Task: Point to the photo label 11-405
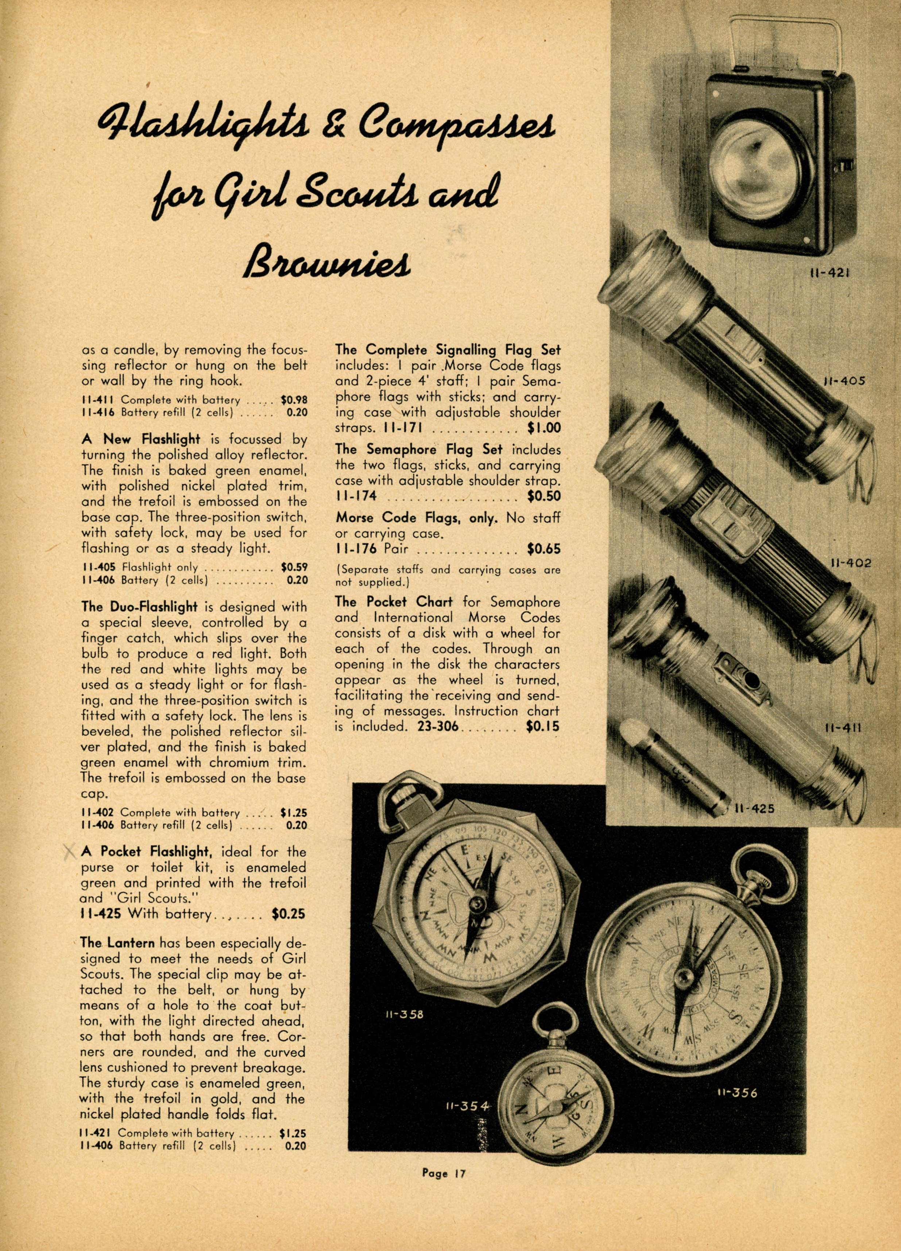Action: [844, 381]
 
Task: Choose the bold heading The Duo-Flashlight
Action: [139, 607]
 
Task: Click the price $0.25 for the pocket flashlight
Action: [288, 914]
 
